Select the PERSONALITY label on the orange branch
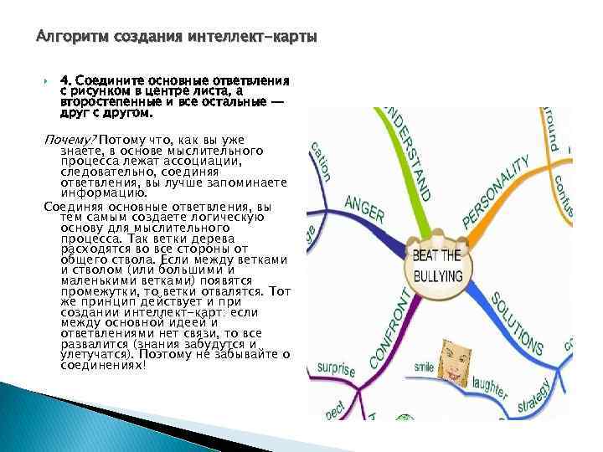click(x=497, y=194)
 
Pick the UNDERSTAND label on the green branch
click(x=412, y=154)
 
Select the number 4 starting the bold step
click(x=64, y=81)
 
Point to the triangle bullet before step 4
click(x=47, y=82)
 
